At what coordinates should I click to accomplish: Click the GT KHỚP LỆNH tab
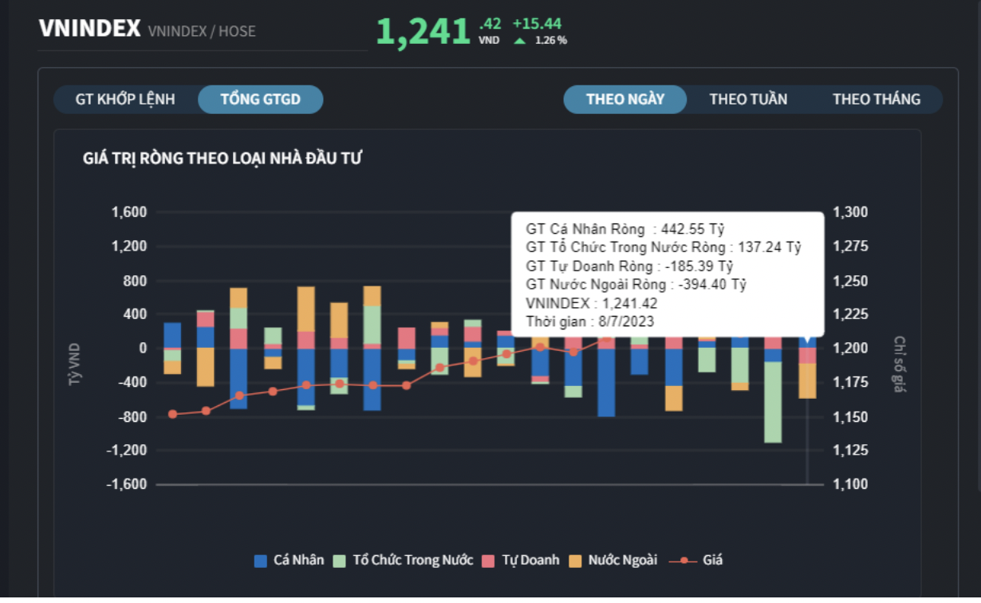pos(125,100)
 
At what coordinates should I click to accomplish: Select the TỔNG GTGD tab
pos(261,100)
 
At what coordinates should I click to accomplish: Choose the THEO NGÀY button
pos(625,100)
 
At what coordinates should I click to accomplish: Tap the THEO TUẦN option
pos(748,100)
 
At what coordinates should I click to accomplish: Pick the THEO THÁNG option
pos(877,100)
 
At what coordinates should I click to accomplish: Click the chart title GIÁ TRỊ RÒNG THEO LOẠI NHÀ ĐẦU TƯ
pos(223,159)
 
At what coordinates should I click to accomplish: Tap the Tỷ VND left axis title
pos(75,365)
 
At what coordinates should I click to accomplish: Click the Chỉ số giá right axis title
pos(900,365)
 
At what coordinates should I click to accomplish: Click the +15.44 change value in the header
pos(537,24)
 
